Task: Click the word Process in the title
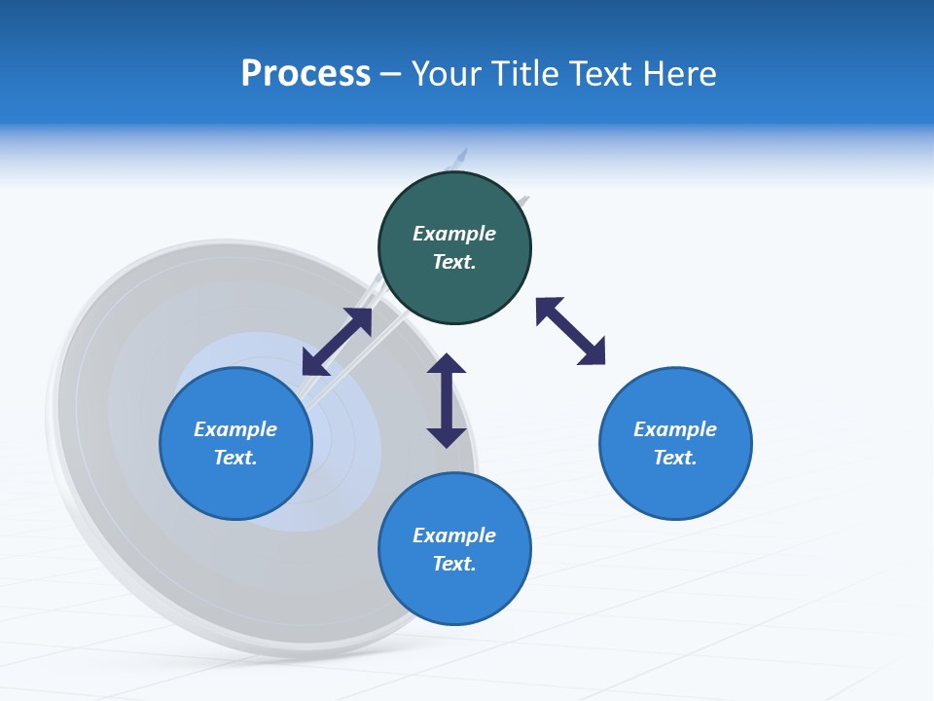pos(305,74)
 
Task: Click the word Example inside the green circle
pos(454,234)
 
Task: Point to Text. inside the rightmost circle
pos(675,458)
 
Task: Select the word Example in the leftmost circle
pos(235,429)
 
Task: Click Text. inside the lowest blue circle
pos(454,564)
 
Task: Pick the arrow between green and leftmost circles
pos(337,341)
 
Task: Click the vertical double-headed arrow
pos(447,400)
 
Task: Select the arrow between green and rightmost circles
pos(570,331)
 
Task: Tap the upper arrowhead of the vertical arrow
pos(447,364)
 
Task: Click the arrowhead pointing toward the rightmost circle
pos(593,352)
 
